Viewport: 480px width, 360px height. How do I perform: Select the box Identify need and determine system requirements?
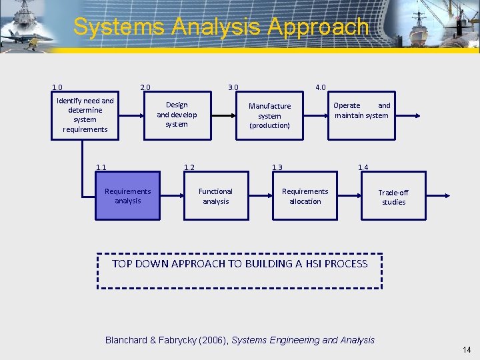(85, 115)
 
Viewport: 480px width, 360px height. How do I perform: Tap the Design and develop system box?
(177, 115)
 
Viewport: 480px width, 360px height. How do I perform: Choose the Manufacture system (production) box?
(269, 115)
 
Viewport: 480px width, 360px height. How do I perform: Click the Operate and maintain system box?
(361, 111)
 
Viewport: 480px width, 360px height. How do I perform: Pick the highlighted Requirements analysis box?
(127, 196)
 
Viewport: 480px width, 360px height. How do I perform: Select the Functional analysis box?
(215, 196)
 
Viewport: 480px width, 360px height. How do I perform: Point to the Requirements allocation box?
(305, 196)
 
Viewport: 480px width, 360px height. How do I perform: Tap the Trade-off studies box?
(393, 197)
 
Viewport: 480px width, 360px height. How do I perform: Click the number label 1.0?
(57, 87)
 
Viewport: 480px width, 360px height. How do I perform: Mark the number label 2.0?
(145, 87)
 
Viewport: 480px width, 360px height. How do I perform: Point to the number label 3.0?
(233, 87)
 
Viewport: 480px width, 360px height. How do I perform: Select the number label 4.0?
(320, 87)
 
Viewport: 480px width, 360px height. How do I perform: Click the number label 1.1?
(101, 167)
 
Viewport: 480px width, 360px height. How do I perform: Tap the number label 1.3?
(277, 167)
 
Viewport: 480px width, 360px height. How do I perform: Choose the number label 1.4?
(363, 167)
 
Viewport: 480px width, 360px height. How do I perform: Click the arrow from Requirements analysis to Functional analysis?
(172, 196)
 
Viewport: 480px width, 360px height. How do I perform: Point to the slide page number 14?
(466, 349)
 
